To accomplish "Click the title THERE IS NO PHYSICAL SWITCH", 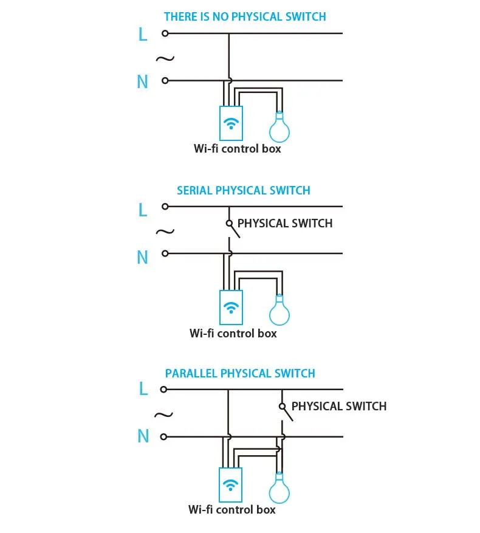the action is (245, 16).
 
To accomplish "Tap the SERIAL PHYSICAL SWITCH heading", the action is (244, 190).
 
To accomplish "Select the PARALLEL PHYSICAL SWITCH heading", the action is (240, 373).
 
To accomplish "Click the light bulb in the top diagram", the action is (279, 128).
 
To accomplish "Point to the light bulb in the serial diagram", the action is (279, 311).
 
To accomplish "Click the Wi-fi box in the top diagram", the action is (231, 123).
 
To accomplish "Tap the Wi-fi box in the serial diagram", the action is (231, 308).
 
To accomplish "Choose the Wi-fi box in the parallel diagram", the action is (230, 485).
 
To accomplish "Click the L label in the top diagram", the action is (143, 34).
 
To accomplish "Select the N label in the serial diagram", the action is (142, 257).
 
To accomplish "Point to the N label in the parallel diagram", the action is (143, 436).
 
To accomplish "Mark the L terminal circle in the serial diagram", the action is (165, 207).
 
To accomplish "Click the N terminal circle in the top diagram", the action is (165, 81).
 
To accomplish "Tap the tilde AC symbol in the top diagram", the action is (165, 59).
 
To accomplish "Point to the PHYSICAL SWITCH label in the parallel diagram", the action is (339, 406).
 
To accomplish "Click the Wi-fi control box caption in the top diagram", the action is (238, 148).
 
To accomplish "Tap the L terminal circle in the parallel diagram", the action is (163, 389).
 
